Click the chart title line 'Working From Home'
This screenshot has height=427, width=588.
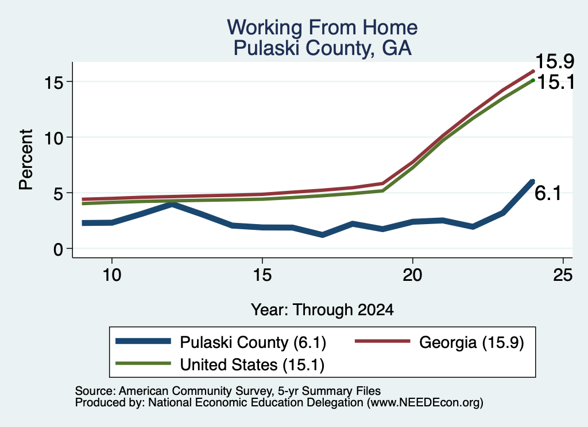click(x=322, y=28)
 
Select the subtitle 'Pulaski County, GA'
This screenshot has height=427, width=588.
click(x=322, y=48)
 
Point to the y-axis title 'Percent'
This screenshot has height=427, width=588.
click(x=26, y=160)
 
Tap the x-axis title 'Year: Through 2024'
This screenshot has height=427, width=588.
click(x=322, y=310)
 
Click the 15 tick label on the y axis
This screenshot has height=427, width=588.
click(x=53, y=82)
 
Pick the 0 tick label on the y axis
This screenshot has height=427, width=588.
click(x=58, y=249)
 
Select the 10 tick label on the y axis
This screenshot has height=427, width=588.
click(x=53, y=138)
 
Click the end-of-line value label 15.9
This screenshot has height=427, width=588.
click(x=555, y=61)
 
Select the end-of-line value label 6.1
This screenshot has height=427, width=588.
click(x=548, y=193)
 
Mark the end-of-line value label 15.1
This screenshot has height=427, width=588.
click(x=556, y=82)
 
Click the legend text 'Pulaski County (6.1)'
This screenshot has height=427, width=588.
click(x=253, y=342)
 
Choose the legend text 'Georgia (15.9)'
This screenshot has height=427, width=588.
click(x=471, y=342)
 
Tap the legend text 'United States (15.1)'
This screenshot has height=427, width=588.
click(x=253, y=365)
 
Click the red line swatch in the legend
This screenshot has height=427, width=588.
click(x=382, y=341)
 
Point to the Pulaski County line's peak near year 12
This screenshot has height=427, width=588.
click(x=172, y=205)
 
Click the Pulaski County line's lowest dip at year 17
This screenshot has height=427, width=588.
click(x=322, y=234)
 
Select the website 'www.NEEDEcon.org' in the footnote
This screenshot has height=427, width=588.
click(x=424, y=403)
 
